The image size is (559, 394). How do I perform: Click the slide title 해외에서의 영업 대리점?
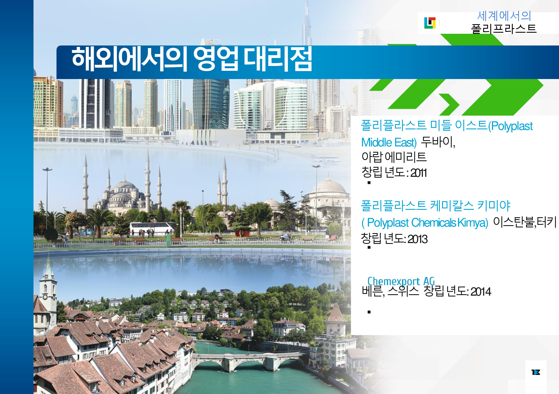[x=192, y=59]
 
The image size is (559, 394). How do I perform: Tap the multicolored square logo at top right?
[x=430, y=23]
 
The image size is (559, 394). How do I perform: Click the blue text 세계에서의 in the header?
[x=504, y=16]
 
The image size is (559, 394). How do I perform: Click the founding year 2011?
[x=418, y=173]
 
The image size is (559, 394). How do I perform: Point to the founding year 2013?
[x=417, y=239]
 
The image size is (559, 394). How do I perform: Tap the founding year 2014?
[x=481, y=292]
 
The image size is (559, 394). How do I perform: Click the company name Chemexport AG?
[x=401, y=281]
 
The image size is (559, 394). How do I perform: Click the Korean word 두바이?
[x=438, y=142]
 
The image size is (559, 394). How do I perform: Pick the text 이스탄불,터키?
[x=525, y=222]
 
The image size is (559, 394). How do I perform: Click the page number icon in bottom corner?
[x=536, y=372]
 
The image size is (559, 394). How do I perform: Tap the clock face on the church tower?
[x=45, y=297]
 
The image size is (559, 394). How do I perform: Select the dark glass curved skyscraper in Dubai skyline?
[x=211, y=104]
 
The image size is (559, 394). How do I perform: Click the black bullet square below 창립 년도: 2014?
[x=369, y=312]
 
